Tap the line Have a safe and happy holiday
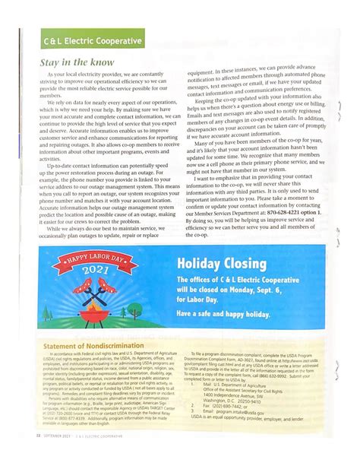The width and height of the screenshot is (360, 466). point(223,314)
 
